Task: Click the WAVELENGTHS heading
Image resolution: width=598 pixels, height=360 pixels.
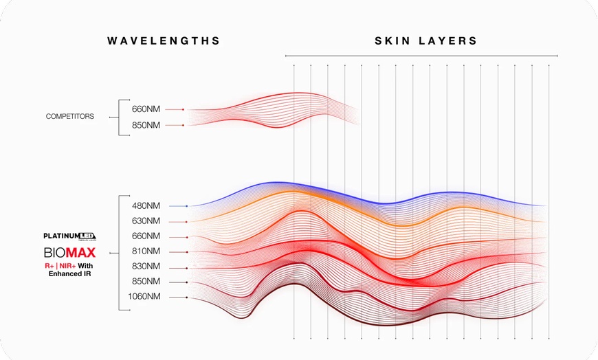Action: point(164,41)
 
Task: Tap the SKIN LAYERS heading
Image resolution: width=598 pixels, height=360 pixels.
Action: point(425,41)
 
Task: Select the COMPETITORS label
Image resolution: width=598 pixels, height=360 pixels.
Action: point(70,117)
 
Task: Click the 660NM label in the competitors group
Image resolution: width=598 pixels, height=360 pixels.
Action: point(146,109)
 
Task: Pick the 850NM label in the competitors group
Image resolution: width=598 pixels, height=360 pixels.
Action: point(146,125)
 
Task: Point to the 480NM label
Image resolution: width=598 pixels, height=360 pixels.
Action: point(146,205)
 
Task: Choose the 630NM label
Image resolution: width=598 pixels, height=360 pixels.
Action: point(146,221)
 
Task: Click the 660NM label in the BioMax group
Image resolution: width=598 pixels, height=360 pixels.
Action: point(146,236)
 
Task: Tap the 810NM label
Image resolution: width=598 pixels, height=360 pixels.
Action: point(146,251)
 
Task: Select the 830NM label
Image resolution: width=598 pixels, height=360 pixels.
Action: point(146,267)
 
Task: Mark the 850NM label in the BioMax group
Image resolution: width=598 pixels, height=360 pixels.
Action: point(146,282)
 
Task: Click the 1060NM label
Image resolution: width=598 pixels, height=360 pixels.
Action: point(144,297)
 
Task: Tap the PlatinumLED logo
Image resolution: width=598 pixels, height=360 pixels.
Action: point(69,236)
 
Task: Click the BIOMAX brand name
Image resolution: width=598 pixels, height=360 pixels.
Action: point(69,252)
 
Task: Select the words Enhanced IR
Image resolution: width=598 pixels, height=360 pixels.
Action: point(69,273)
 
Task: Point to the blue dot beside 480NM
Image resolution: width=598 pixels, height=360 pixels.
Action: point(186,206)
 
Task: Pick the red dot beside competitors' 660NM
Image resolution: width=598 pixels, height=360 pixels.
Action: point(184,109)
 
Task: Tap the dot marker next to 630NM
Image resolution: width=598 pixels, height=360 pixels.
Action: point(186,221)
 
